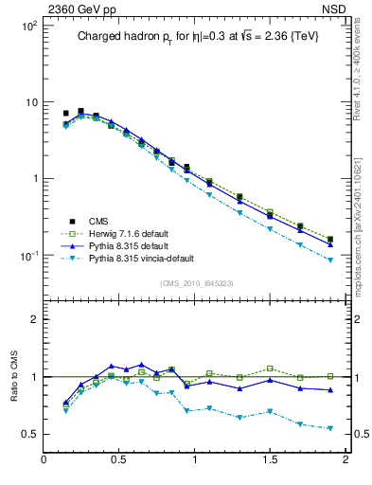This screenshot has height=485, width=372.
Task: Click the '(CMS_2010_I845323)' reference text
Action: pos(195,283)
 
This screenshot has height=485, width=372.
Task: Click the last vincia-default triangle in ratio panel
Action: pos(330,428)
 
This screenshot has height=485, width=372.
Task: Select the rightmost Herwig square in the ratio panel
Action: pos(330,376)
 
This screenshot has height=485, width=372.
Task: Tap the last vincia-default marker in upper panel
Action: pos(330,260)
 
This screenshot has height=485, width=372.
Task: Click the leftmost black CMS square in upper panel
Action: pos(65,114)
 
